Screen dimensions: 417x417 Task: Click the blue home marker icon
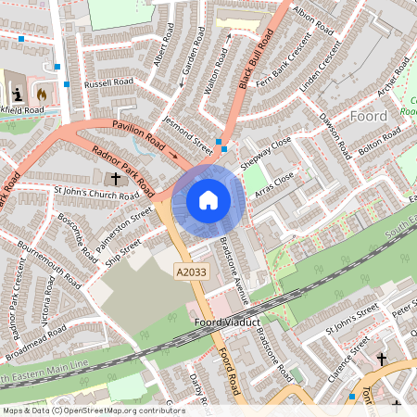208,199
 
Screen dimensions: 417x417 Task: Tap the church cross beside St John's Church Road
116,178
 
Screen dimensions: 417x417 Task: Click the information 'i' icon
18,94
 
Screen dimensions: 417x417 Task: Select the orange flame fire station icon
41,94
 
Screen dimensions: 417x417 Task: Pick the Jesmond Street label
187,134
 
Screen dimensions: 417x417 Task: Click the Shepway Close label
266,152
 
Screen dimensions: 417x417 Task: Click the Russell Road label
108,82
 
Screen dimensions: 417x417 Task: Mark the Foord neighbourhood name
369,116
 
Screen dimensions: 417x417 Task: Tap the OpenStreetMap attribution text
93,410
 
